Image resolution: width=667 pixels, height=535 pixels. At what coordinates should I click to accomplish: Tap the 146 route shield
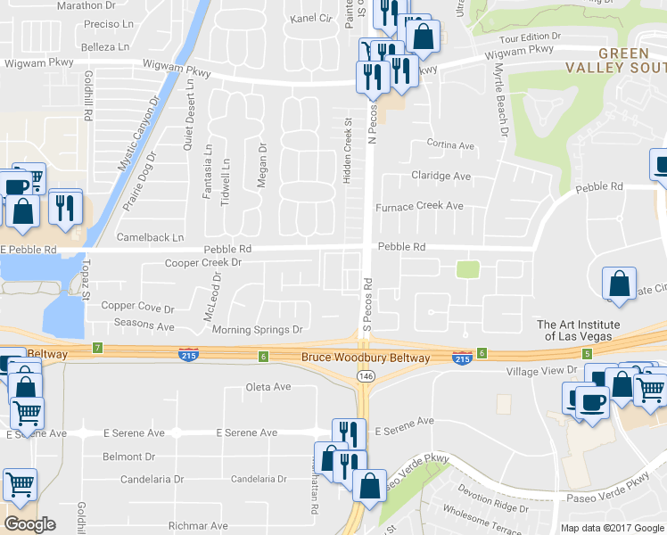click(365, 377)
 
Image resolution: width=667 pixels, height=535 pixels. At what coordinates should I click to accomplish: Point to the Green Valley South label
click(615, 60)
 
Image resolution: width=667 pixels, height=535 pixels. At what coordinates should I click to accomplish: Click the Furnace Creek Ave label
click(418, 206)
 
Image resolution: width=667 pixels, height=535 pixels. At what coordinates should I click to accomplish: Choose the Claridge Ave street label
click(440, 176)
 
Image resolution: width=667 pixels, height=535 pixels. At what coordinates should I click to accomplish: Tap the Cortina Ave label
click(450, 144)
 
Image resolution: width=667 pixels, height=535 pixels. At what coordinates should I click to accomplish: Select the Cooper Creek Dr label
click(203, 263)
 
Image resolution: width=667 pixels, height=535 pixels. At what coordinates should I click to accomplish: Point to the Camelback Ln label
click(150, 238)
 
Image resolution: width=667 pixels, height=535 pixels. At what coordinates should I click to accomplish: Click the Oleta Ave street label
click(268, 387)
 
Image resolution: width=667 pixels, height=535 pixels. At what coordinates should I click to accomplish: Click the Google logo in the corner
click(29, 523)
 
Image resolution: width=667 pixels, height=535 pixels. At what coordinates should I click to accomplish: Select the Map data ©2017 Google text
click(612, 528)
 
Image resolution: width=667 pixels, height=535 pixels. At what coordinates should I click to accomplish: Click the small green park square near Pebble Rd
click(467, 269)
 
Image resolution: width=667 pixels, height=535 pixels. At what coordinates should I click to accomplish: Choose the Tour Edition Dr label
click(530, 38)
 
